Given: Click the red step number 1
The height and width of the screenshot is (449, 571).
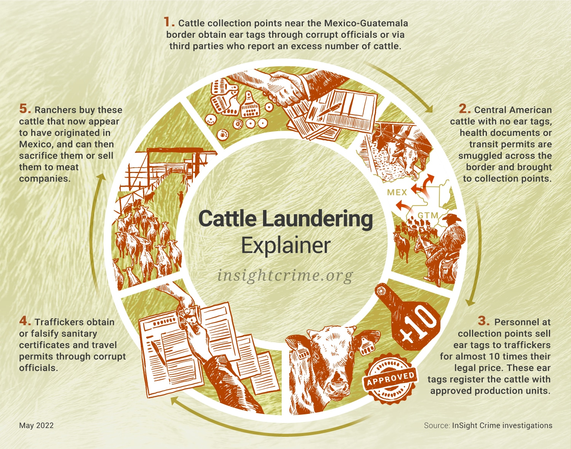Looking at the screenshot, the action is click(169, 22).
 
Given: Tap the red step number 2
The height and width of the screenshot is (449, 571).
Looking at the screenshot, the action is click(464, 109).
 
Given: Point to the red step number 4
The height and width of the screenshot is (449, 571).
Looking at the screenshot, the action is click(25, 321).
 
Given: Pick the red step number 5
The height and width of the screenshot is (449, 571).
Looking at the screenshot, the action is click(25, 109).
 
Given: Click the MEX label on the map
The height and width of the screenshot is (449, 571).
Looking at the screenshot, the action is click(397, 192).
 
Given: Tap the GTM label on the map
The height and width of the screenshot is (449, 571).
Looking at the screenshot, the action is click(428, 215).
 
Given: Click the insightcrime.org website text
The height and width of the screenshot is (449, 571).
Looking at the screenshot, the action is click(285, 276).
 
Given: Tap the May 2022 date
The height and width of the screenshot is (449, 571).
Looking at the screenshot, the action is click(36, 425).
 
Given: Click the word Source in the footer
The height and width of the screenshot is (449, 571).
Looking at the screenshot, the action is click(437, 425).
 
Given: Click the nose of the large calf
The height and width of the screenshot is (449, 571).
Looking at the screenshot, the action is click(337, 385).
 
